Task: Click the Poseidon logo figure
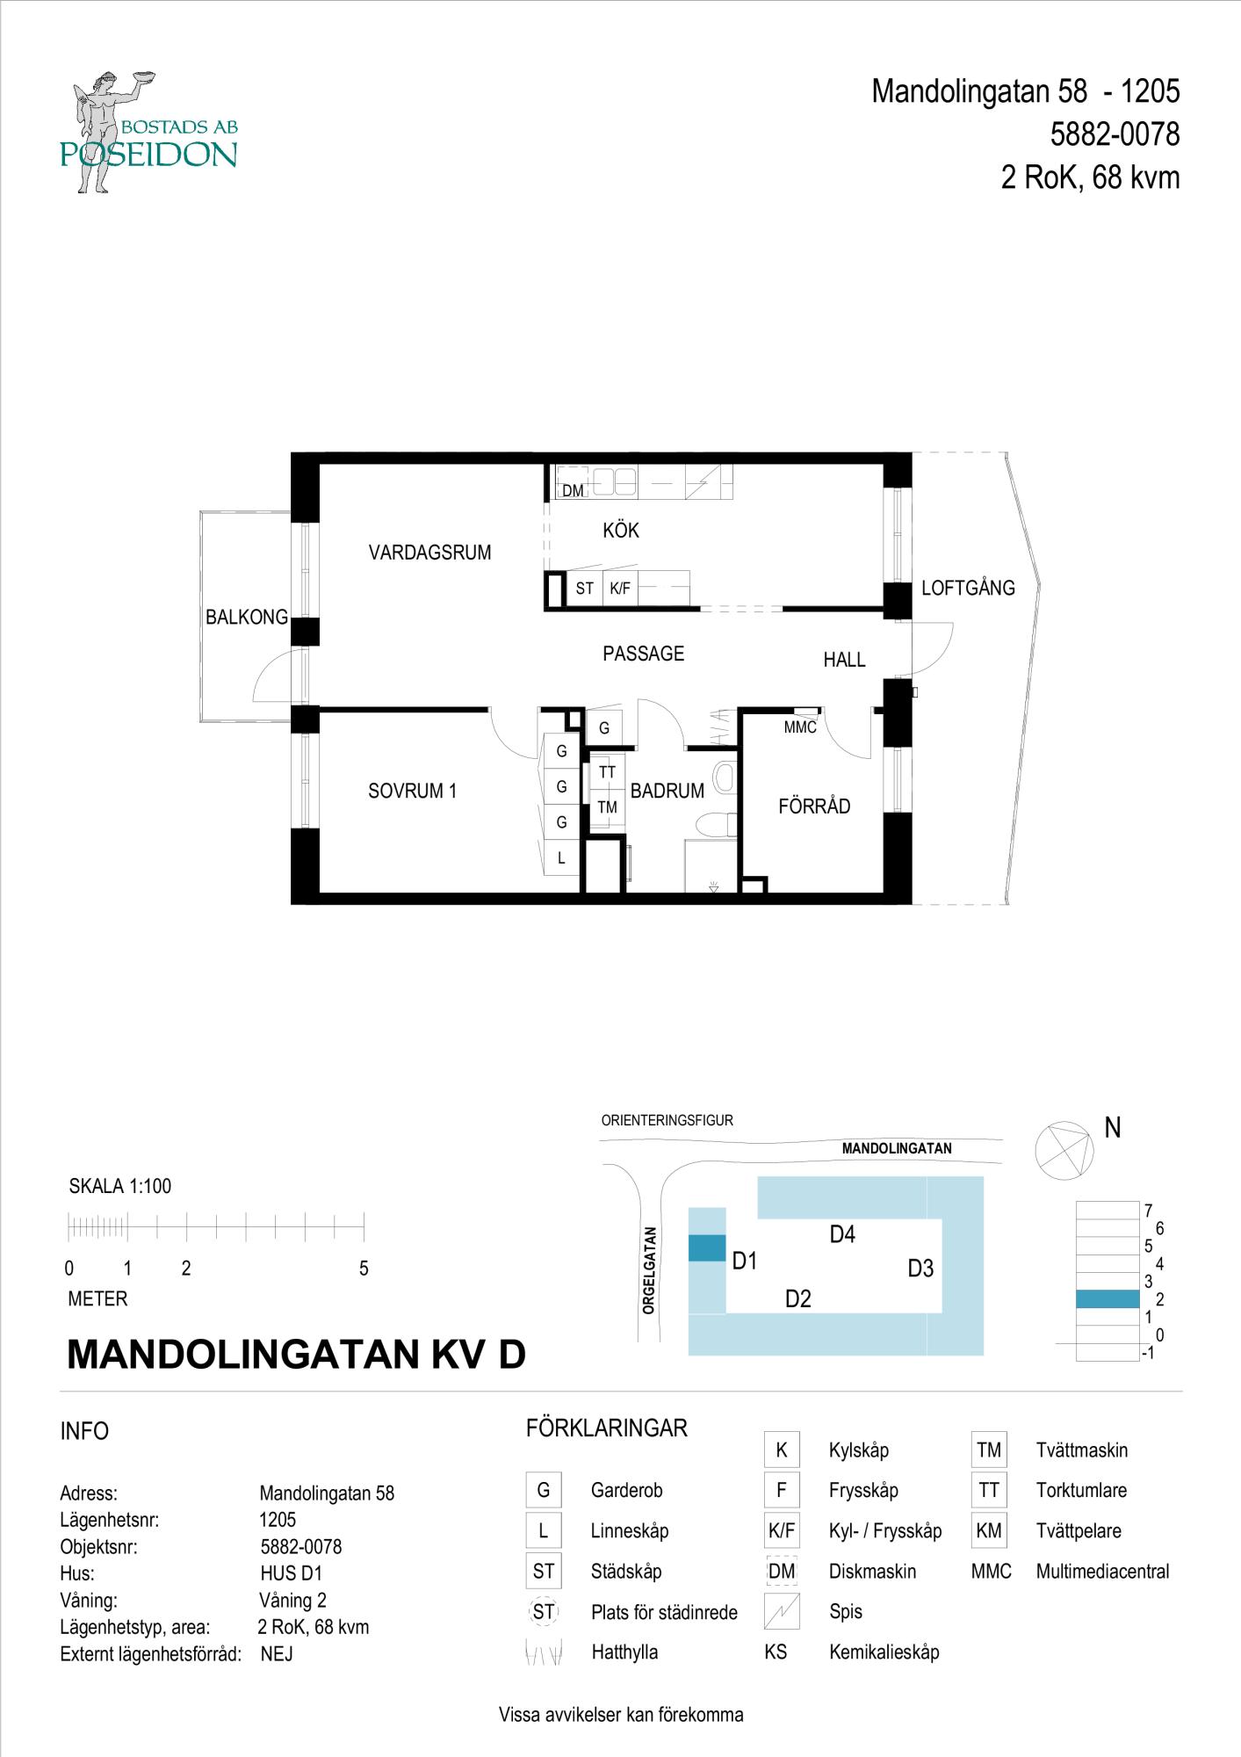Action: (x=101, y=132)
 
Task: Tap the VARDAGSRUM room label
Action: (x=429, y=553)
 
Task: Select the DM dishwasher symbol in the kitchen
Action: (x=573, y=490)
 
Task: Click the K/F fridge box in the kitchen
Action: (x=620, y=589)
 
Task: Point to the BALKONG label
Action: (x=246, y=618)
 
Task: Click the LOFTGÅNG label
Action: (x=968, y=589)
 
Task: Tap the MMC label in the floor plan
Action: (x=800, y=727)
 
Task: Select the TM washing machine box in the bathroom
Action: (x=607, y=807)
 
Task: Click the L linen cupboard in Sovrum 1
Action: (x=561, y=859)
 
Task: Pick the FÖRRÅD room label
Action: (x=814, y=806)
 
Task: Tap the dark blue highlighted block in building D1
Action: (x=707, y=1247)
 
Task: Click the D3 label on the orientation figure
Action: (x=920, y=1269)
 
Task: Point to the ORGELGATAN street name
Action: (x=649, y=1270)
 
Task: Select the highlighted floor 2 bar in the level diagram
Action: (x=1108, y=1299)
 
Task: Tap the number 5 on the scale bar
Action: (x=364, y=1269)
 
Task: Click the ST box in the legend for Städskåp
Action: (x=544, y=1571)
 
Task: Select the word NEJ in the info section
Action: (x=277, y=1654)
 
